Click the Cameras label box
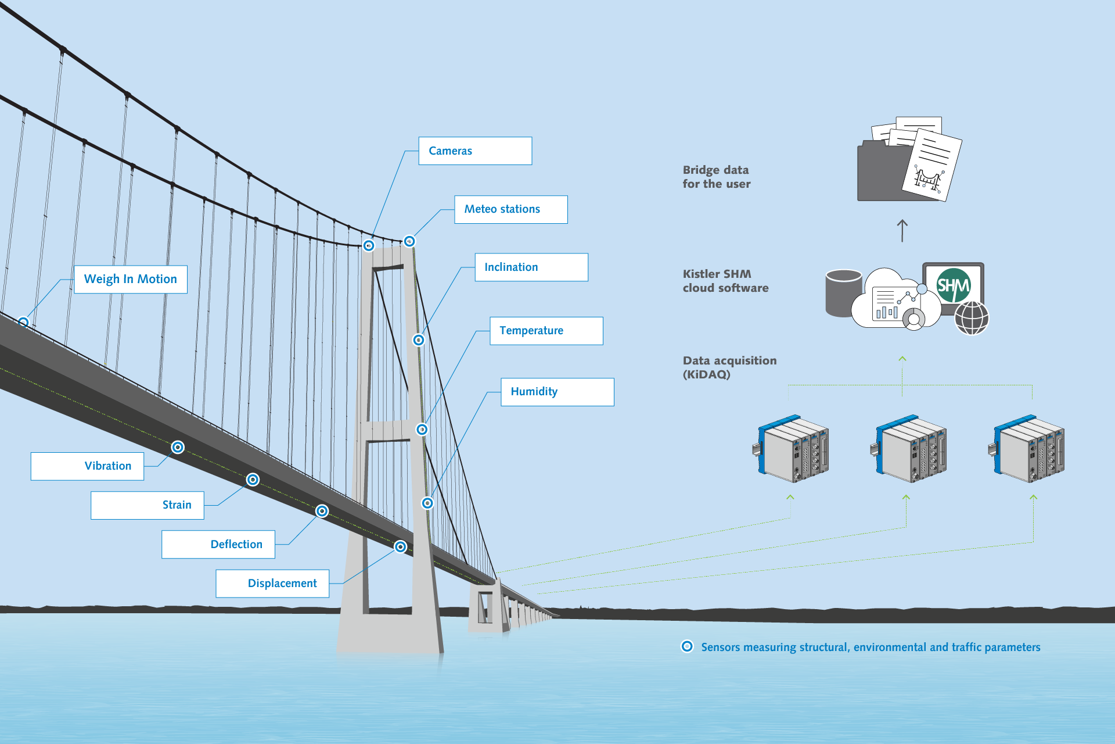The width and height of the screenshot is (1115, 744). tap(475, 151)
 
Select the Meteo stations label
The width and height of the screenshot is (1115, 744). tap(510, 209)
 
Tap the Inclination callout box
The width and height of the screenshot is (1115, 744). tap(531, 267)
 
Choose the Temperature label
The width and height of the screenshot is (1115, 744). tap(546, 331)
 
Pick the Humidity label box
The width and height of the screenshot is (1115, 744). tap(557, 392)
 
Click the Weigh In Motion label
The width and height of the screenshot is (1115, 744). tap(131, 280)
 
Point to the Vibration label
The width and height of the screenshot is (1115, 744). tap(87, 466)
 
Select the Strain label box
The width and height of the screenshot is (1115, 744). tap(148, 505)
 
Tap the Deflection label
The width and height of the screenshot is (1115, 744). tap(218, 545)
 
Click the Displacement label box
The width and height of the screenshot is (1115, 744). tap(272, 584)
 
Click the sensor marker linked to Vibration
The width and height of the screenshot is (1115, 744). tap(178, 447)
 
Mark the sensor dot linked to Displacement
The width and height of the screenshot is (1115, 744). tap(400, 547)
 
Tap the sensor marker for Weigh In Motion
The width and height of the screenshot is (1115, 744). tap(23, 322)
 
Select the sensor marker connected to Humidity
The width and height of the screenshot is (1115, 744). tap(427, 503)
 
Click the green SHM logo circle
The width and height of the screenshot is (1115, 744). tap(953, 285)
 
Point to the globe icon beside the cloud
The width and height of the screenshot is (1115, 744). tap(972, 318)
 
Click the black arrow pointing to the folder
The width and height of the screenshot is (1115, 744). tap(902, 231)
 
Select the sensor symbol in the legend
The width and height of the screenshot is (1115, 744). tap(687, 646)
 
